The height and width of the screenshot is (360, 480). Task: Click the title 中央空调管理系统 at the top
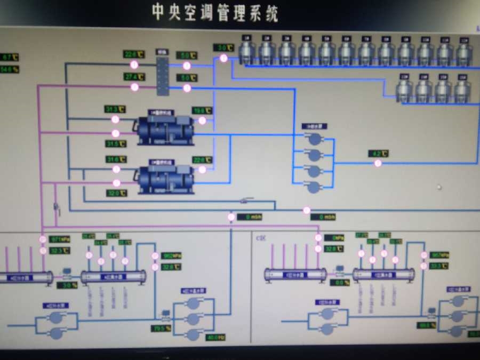click(215, 12)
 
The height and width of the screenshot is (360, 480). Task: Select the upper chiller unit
click(166, 129)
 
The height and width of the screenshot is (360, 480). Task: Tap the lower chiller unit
click(166, 179)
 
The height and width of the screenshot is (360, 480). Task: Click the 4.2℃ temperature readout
click(378, 154)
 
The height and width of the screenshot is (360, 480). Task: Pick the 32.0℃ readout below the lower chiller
click(116, 193)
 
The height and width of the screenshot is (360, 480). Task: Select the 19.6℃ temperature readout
click(202, 110)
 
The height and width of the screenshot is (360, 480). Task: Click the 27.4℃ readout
click(134, 76)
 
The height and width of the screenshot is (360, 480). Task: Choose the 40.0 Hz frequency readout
click(215, 337)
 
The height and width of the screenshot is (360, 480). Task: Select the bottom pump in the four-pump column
click(315, 187)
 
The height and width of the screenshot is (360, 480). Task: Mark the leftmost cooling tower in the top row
click(246, 51)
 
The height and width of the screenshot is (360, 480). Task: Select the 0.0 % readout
click(340, 282)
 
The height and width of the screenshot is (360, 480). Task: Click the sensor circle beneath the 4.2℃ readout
click(378, 163)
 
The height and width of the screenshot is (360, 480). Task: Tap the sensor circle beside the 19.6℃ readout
click(202, 121)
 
